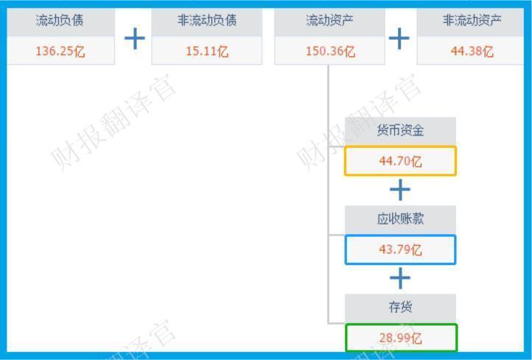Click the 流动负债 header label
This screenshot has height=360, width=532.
point(60,21)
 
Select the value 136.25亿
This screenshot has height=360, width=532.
point(60,52)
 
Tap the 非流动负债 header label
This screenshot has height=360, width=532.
point(206,21)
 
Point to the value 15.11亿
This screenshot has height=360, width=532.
point(206,52)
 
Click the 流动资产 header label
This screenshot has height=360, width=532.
point(329,21)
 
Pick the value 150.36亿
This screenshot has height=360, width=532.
point(329,52)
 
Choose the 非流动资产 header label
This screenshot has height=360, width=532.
point(472,21)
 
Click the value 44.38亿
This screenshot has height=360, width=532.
point(472,52)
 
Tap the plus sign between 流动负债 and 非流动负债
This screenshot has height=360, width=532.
point(134,38)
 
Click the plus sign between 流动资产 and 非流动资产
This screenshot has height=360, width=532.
point(399,38)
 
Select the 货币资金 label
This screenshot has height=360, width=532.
point(400,131)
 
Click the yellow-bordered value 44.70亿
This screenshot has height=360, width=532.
point(400,161)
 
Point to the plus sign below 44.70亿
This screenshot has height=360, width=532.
point(400,190)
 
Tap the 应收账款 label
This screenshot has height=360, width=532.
point(400,219)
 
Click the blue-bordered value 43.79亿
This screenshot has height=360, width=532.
point(400,250)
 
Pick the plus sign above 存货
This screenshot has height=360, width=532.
point(400,278)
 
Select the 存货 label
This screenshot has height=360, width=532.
point(400,308)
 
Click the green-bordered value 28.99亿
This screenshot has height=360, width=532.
point(400,339)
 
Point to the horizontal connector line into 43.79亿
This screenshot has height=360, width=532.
point(336,236)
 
